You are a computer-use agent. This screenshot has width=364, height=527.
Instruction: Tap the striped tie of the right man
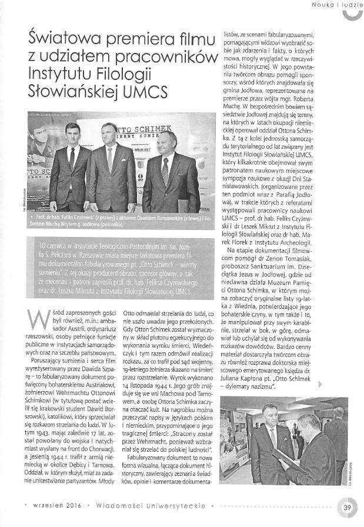pos(166,171)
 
